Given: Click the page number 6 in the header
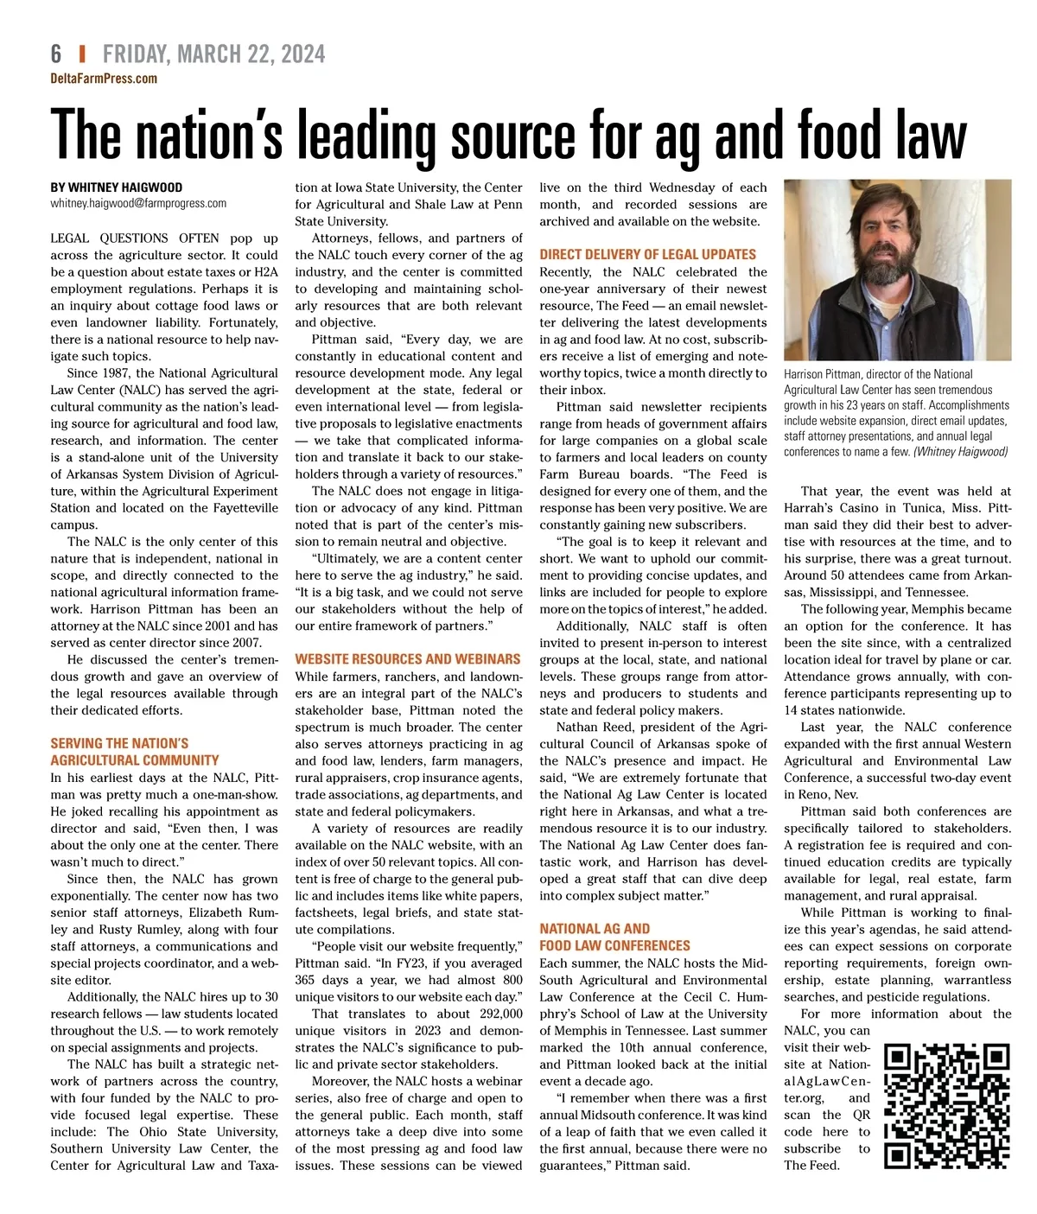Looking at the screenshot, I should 56,54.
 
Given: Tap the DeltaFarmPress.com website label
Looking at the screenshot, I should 104,79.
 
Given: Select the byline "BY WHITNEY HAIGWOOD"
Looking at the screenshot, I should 117,188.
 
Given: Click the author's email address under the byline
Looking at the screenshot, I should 138,204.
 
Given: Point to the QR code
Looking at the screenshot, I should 947,1106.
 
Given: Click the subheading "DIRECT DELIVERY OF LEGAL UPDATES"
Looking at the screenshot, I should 647,255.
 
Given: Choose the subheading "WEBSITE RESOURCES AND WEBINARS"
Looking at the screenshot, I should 408,659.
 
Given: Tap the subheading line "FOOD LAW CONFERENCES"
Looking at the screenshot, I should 614,946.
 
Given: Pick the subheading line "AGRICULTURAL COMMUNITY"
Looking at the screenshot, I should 135,760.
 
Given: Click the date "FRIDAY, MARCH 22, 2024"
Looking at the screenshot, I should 213,54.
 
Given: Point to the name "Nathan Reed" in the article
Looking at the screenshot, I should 593,728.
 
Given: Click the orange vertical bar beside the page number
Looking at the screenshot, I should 82,54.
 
